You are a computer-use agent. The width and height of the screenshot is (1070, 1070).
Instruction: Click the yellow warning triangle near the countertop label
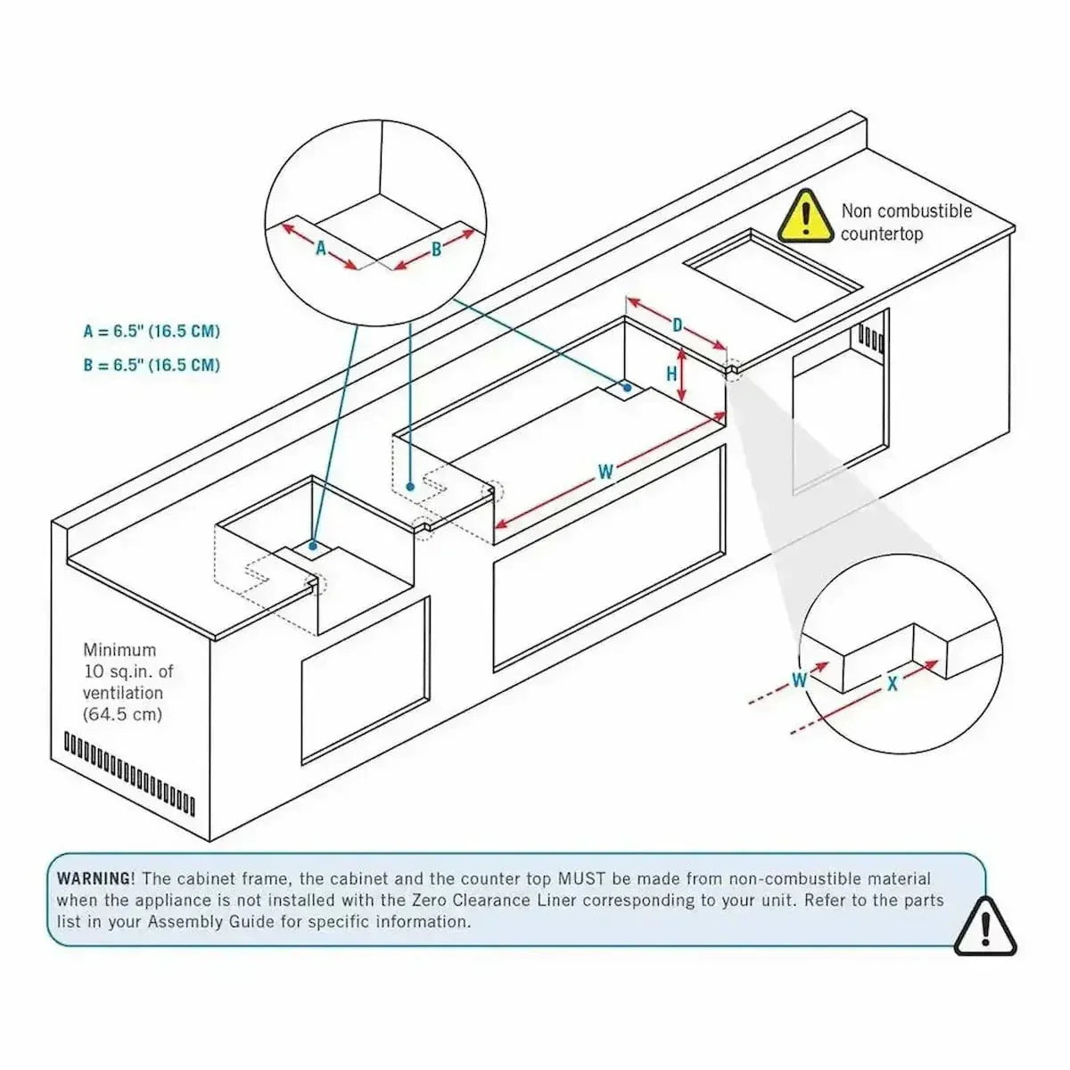(x=806, y=217)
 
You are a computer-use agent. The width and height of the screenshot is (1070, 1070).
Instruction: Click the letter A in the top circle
(x=321, y=248)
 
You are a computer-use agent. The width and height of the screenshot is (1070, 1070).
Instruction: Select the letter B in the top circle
(x=437, y=250)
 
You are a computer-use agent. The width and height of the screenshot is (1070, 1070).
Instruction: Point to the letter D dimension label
(x=678, y=325)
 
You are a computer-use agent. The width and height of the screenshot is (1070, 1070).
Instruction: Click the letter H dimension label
(x=672, y=374)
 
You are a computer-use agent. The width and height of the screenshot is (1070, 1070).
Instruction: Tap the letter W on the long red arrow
(x=605, y=472)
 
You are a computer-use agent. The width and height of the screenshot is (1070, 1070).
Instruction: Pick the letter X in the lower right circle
(x=892, y=684)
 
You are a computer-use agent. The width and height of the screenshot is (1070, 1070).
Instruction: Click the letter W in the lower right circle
(x=799, y=680)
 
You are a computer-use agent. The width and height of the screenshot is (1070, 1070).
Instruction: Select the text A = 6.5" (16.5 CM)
(x=152, y=332)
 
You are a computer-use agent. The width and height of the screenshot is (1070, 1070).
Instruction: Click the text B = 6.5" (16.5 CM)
(x=152, y=365)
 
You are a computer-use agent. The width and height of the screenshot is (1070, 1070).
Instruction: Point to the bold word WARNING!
(x=96, y=878)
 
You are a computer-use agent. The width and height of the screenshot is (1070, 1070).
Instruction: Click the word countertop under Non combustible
(x=882, y=235)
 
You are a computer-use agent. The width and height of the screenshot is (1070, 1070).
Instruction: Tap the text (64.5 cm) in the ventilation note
(x=122, y=714)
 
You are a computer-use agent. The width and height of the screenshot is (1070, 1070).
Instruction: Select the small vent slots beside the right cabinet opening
(x=871, y=339)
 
